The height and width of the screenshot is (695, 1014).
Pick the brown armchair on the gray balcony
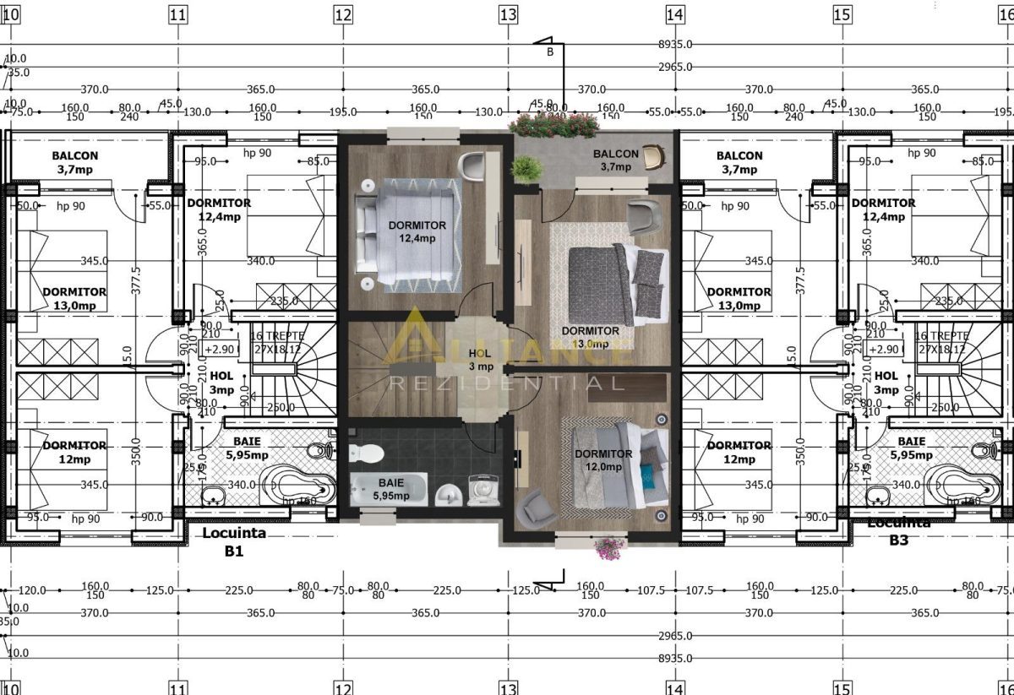(652, 157)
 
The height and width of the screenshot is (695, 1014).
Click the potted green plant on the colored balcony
(525, 169)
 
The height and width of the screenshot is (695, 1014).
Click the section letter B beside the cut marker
(550, 52)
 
